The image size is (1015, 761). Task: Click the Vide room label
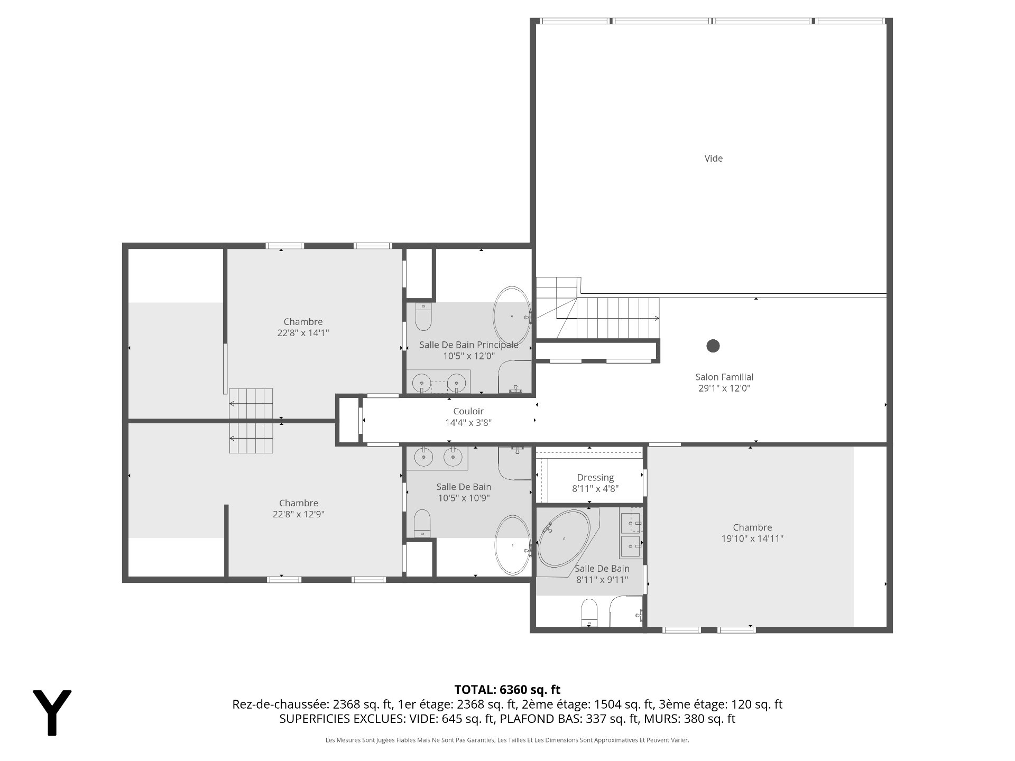tap(713, 159)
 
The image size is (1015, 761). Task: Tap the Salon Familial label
tap(724, 377)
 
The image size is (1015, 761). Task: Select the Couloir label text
tap(468, 411)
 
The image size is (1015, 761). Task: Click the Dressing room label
tap(595, 478)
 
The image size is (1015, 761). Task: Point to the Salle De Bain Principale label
tap(469, 345)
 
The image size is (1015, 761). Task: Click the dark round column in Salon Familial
tap(713, 346)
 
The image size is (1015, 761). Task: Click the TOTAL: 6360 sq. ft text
tap(508, 690)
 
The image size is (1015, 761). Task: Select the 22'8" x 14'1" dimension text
tap(303, 333)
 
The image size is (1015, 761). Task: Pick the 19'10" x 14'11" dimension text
tap(752, 539)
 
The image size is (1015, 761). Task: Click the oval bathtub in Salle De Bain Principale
tap(512, 316)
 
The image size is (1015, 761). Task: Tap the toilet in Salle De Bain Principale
tap(424, 317)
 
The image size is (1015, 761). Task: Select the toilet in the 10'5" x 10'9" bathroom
tap(422, 523)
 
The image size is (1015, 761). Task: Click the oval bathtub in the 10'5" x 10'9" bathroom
tap(512, 545)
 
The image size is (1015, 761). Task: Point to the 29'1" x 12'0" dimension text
tap(724, 388)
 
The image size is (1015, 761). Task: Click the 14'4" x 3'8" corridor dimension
tap(468, 423)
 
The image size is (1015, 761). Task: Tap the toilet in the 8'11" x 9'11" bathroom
tap(589, 613)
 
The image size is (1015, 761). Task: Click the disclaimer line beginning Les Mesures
tap(508, 740)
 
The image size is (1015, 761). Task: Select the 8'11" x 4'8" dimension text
tap(595, 489)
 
